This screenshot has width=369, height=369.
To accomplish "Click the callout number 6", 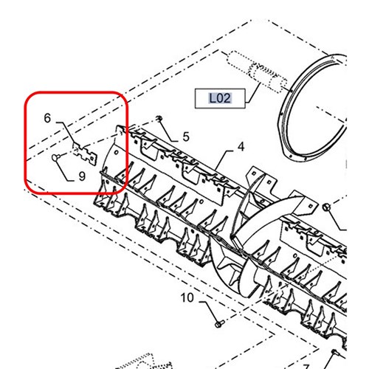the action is (x=47, y=118).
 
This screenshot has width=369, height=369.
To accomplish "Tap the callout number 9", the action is (x=82, y=176).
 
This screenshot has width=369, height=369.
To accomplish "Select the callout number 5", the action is (x=186, y=137).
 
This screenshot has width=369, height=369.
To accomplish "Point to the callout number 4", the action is (x=241, y=147).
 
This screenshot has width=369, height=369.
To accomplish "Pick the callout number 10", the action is (x=187, y=297).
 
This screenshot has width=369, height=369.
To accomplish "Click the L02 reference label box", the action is (x=220, y=98).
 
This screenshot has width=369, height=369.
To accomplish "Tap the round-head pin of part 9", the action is (x=55, y=157).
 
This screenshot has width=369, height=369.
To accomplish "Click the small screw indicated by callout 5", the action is (x=159, y=119).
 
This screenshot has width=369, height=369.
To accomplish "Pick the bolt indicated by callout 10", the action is (x=219, y=324).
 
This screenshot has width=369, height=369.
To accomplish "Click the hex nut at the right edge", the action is (x=326, y=207).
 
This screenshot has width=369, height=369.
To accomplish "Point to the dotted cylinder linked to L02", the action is (x=256, y=72).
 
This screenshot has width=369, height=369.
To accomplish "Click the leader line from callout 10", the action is (x=210, y=311).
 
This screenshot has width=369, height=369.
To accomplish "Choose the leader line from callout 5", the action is (x=169, y=131).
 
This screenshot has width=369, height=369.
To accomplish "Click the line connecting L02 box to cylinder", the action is (x=253, y=93).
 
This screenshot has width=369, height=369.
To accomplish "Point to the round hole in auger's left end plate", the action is (x=117, y=153).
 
